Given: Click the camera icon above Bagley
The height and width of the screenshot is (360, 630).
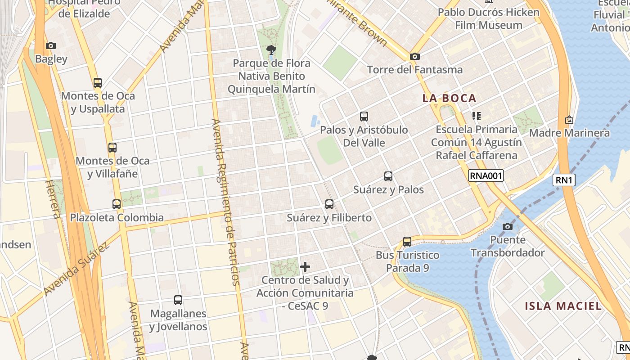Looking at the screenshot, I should click(x=51, y=45).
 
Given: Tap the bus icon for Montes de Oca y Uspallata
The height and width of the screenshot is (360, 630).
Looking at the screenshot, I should click(x=98, y=83).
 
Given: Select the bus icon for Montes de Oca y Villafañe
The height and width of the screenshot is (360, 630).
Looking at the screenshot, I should click(x=112, y=147).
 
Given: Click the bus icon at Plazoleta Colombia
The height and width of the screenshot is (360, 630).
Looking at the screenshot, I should click(x=117, y=204).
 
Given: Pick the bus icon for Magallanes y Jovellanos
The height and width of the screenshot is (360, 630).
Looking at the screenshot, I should click(x=178, y=300).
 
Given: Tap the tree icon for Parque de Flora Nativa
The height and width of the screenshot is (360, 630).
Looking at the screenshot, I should click(x=271, y=49).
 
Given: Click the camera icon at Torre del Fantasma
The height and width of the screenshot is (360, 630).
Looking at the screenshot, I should click(x=414, y=57).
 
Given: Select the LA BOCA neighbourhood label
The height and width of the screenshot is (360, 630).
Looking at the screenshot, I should click(x=449, y=98).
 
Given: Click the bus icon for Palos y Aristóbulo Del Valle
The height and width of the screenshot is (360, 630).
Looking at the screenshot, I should click(x=364, y=117).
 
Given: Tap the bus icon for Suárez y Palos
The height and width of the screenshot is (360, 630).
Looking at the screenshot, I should click(x=388, y=176).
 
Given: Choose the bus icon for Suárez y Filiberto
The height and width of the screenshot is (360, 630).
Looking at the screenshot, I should click(x=329, y=204).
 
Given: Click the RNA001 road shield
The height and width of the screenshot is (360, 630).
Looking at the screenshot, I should click(x=486, y=175).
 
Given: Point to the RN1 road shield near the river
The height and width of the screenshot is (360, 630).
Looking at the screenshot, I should click(x=565, y=180).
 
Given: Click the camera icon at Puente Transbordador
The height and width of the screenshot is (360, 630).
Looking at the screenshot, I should click(x=508, y=226).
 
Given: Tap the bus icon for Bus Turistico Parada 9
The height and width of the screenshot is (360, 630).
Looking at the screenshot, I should click(x=407, y=242).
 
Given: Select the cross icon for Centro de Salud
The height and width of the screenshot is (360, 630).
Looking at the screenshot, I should click(x=305, y=267).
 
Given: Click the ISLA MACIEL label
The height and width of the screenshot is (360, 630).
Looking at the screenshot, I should click(x=563, y=306).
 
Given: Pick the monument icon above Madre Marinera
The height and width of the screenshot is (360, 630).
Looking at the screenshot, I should click(x=569, y=120).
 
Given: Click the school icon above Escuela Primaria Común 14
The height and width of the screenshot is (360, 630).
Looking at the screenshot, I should click(x=477, y=116).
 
